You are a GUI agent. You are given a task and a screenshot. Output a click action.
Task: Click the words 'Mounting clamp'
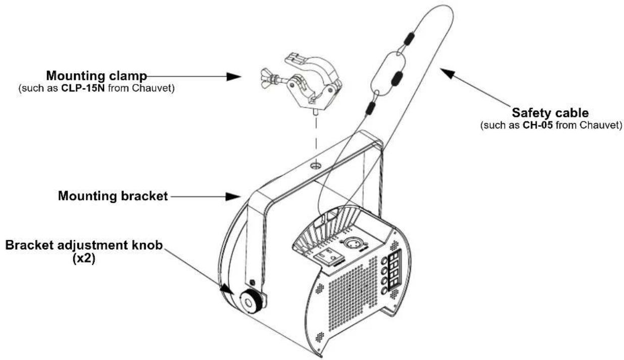click(x=96, y=76)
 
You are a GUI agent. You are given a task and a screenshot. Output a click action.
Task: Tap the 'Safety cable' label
click(x=550, y=113)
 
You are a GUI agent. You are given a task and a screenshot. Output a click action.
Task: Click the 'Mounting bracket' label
click(x=113, y=196)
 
